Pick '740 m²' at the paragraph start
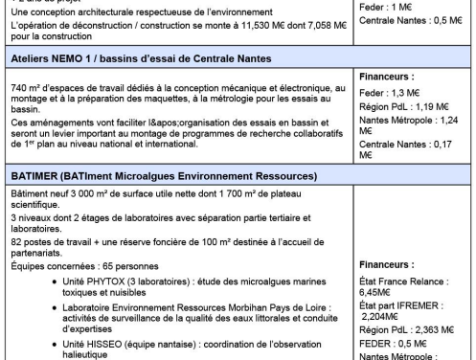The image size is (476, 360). point(19,86)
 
